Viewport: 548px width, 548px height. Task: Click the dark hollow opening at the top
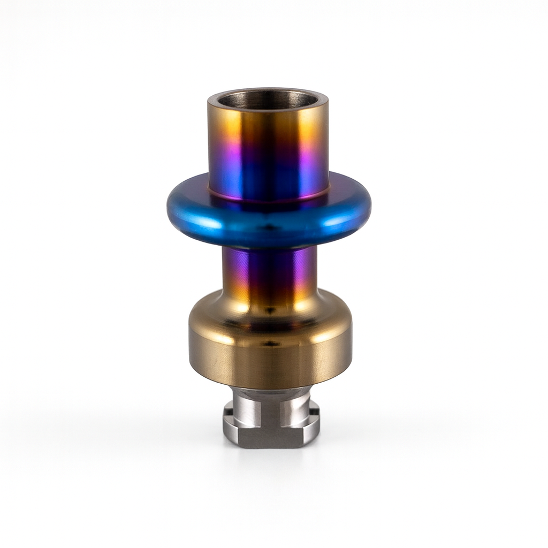pyautogui.click(x=268, y=100)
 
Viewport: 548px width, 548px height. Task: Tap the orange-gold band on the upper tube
pyautogui.click(x=268, y=126)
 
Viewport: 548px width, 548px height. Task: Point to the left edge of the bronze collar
pyautogui.click(x=191, y=348)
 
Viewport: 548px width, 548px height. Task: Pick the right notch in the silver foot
pyautogui.click(x=314, y=412)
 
